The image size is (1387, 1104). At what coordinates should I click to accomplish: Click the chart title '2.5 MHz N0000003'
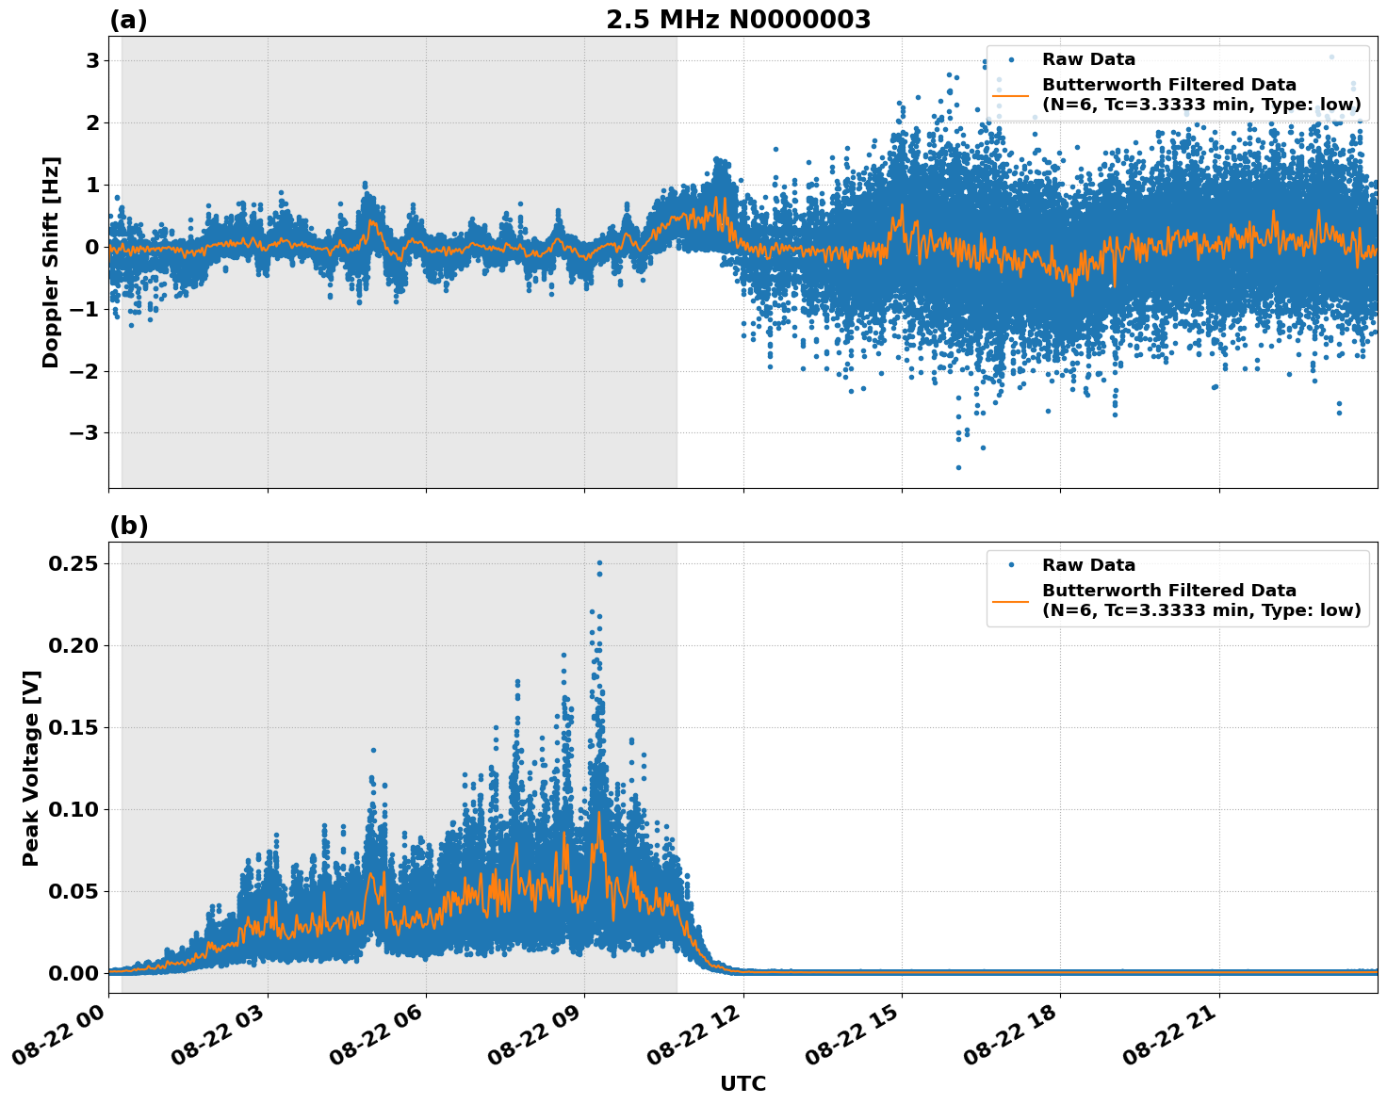click(x=738, y=20)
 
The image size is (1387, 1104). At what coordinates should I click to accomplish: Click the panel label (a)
click(x=128, y=20)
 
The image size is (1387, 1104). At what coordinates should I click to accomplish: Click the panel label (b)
click(x=128, y=526)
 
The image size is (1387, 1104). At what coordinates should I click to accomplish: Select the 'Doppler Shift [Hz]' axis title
click(x=51, y=262)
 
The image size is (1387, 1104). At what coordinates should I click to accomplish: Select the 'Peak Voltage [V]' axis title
click(x=31, y=768)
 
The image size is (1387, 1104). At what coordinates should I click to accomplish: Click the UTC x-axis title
click(x=742, y=1083)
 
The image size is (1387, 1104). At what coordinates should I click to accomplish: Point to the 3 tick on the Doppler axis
click(x=92, y=61)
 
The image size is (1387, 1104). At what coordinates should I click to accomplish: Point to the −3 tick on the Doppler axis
click(x=87, y=433)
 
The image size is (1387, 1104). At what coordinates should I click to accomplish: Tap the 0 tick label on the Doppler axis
click(x=92, y=248)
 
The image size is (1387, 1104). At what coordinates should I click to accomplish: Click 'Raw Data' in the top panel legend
click(x=1088, y=59)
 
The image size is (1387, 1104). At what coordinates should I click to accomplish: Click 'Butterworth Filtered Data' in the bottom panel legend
click(x=1168, y=591)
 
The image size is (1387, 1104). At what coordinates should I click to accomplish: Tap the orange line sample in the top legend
click(x=1011, y=95)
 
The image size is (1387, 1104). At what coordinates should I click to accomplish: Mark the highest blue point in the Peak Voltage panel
click(x=599, y=563)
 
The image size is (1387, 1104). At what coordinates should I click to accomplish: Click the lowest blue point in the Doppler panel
click(x=958, y=467)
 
